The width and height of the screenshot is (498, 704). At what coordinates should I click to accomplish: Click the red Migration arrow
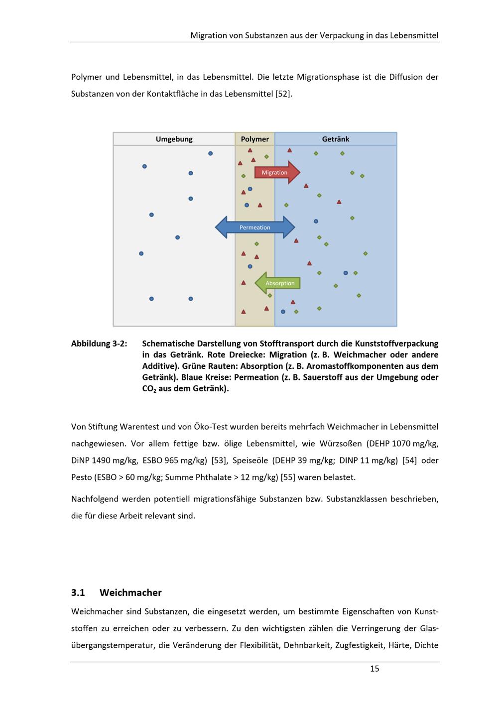276,172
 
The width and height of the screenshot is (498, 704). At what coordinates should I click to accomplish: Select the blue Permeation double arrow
255,228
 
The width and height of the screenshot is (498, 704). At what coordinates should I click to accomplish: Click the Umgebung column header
174,139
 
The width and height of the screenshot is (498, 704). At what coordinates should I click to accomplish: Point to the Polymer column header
255,139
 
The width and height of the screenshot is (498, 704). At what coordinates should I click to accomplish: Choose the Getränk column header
336,139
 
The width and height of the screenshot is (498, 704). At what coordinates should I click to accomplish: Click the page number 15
374,669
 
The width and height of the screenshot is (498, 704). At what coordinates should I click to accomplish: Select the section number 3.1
78,592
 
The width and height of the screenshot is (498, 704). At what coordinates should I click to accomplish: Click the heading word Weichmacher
130,592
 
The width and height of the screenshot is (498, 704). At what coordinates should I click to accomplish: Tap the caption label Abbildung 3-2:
99,344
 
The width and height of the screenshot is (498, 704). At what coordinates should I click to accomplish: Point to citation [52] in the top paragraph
283,94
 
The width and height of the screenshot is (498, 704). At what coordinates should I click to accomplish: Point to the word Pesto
82,477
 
